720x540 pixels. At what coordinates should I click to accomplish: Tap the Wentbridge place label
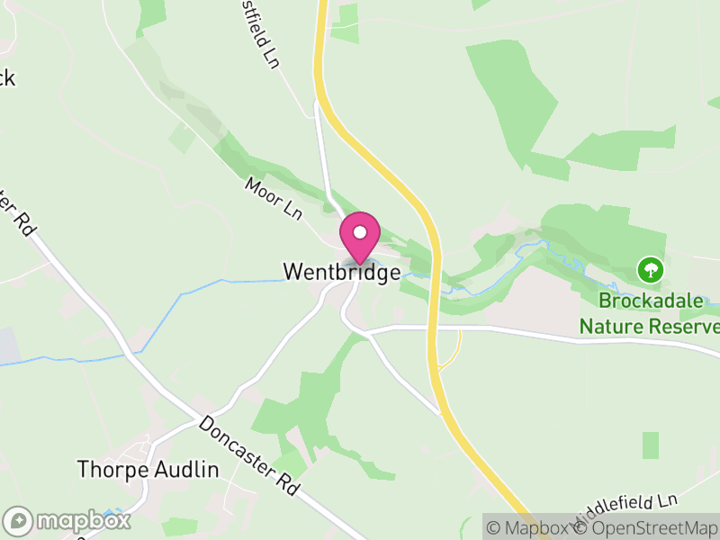[341, 272]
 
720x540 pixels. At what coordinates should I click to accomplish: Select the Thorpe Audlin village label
[148, 469]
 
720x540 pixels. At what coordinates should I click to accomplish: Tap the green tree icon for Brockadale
[650, 268]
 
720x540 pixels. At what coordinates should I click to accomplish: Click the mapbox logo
[67, 520]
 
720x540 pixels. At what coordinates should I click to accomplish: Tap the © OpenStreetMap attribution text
[647, 528]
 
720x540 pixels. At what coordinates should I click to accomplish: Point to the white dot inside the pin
[360, 232]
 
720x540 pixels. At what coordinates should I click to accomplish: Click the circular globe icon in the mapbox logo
[17, 520]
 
